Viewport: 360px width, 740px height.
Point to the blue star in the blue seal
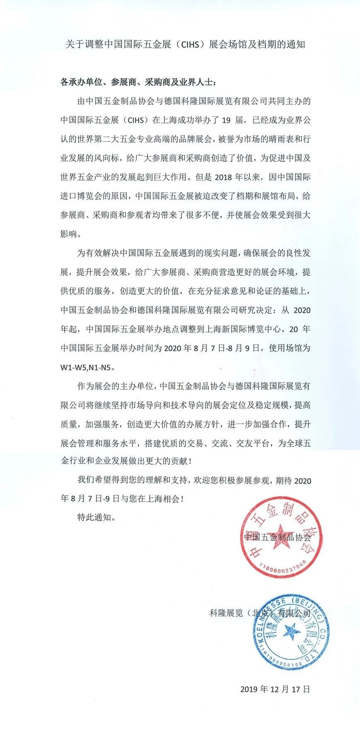coord(291,632)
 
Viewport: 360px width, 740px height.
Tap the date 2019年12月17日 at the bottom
coord(275,689)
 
